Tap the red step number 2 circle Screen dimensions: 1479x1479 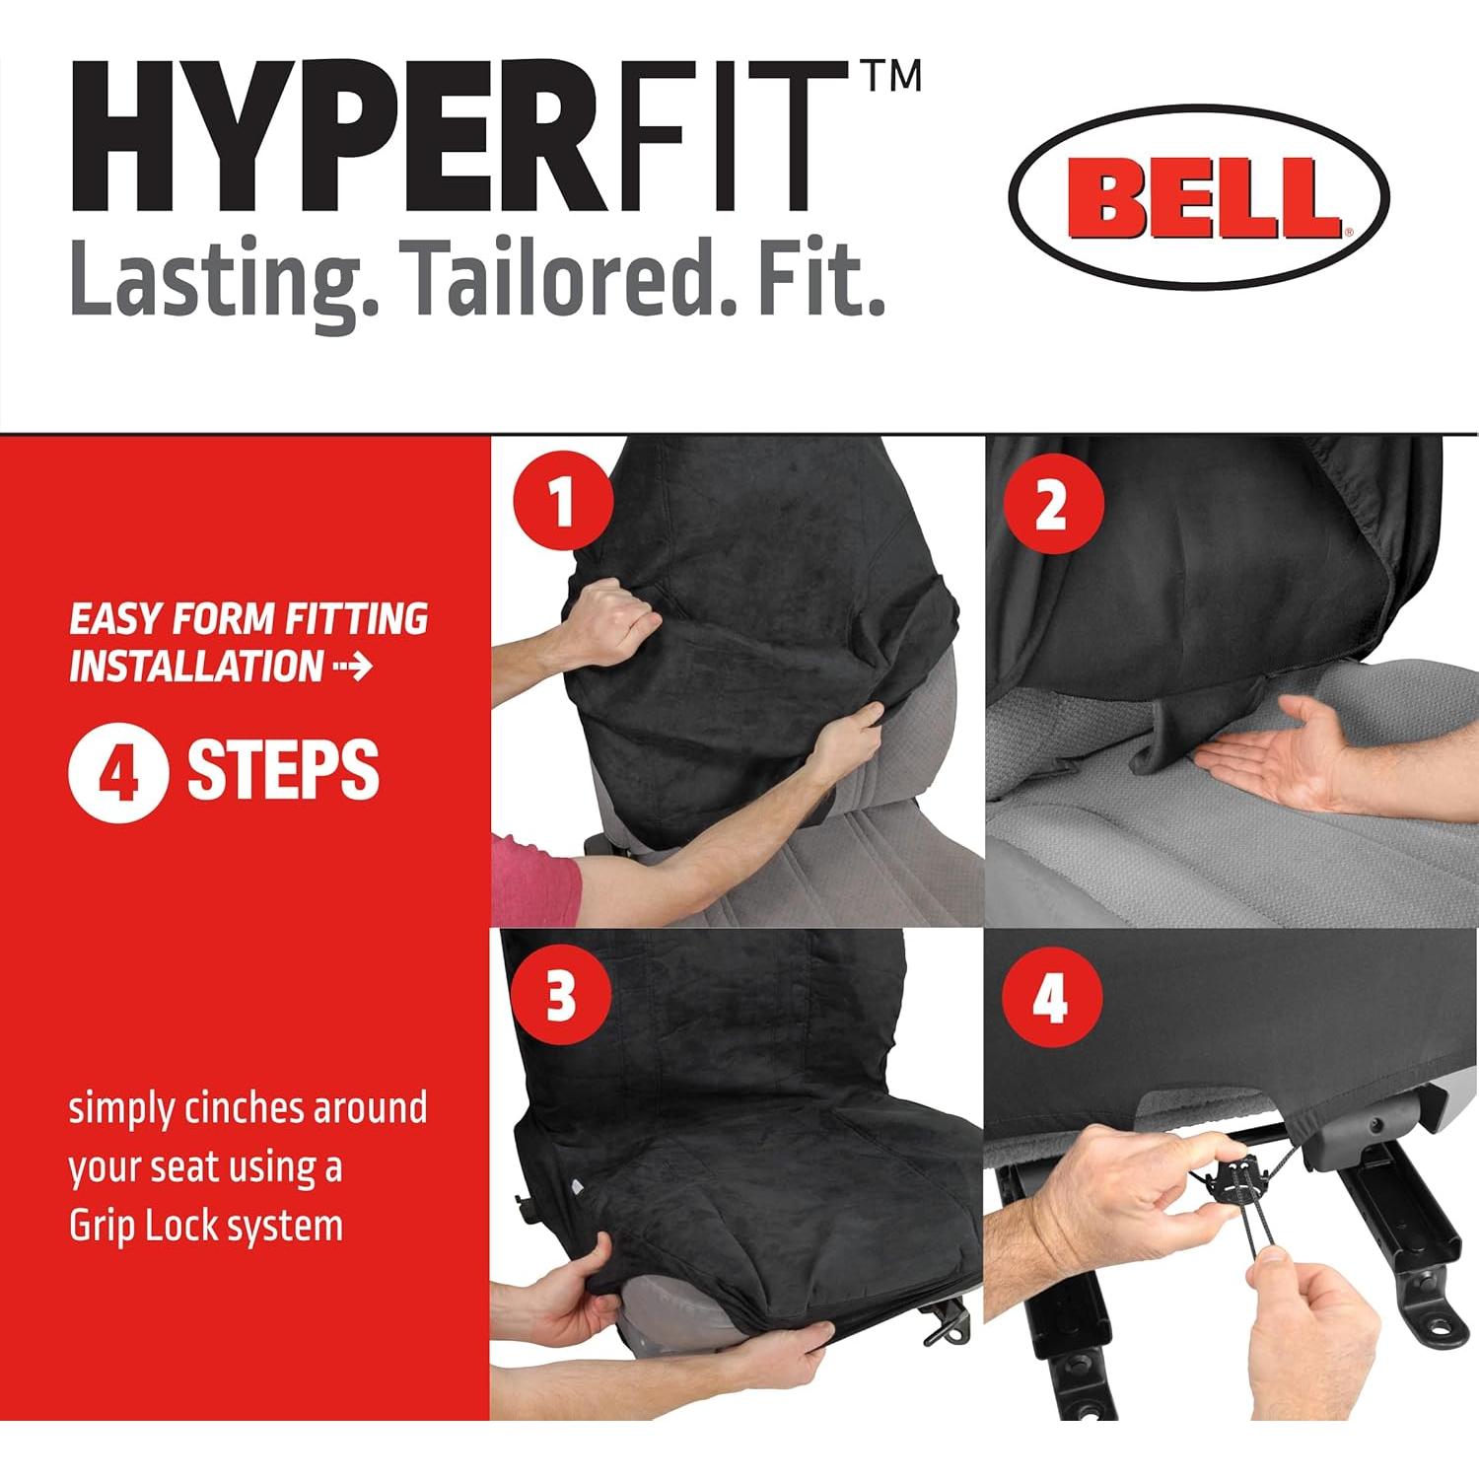[1051, 505]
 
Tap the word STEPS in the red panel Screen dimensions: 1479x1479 [283, 771]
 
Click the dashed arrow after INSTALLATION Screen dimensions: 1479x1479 [353, 668]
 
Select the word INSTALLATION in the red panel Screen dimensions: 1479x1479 [196, 667]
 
